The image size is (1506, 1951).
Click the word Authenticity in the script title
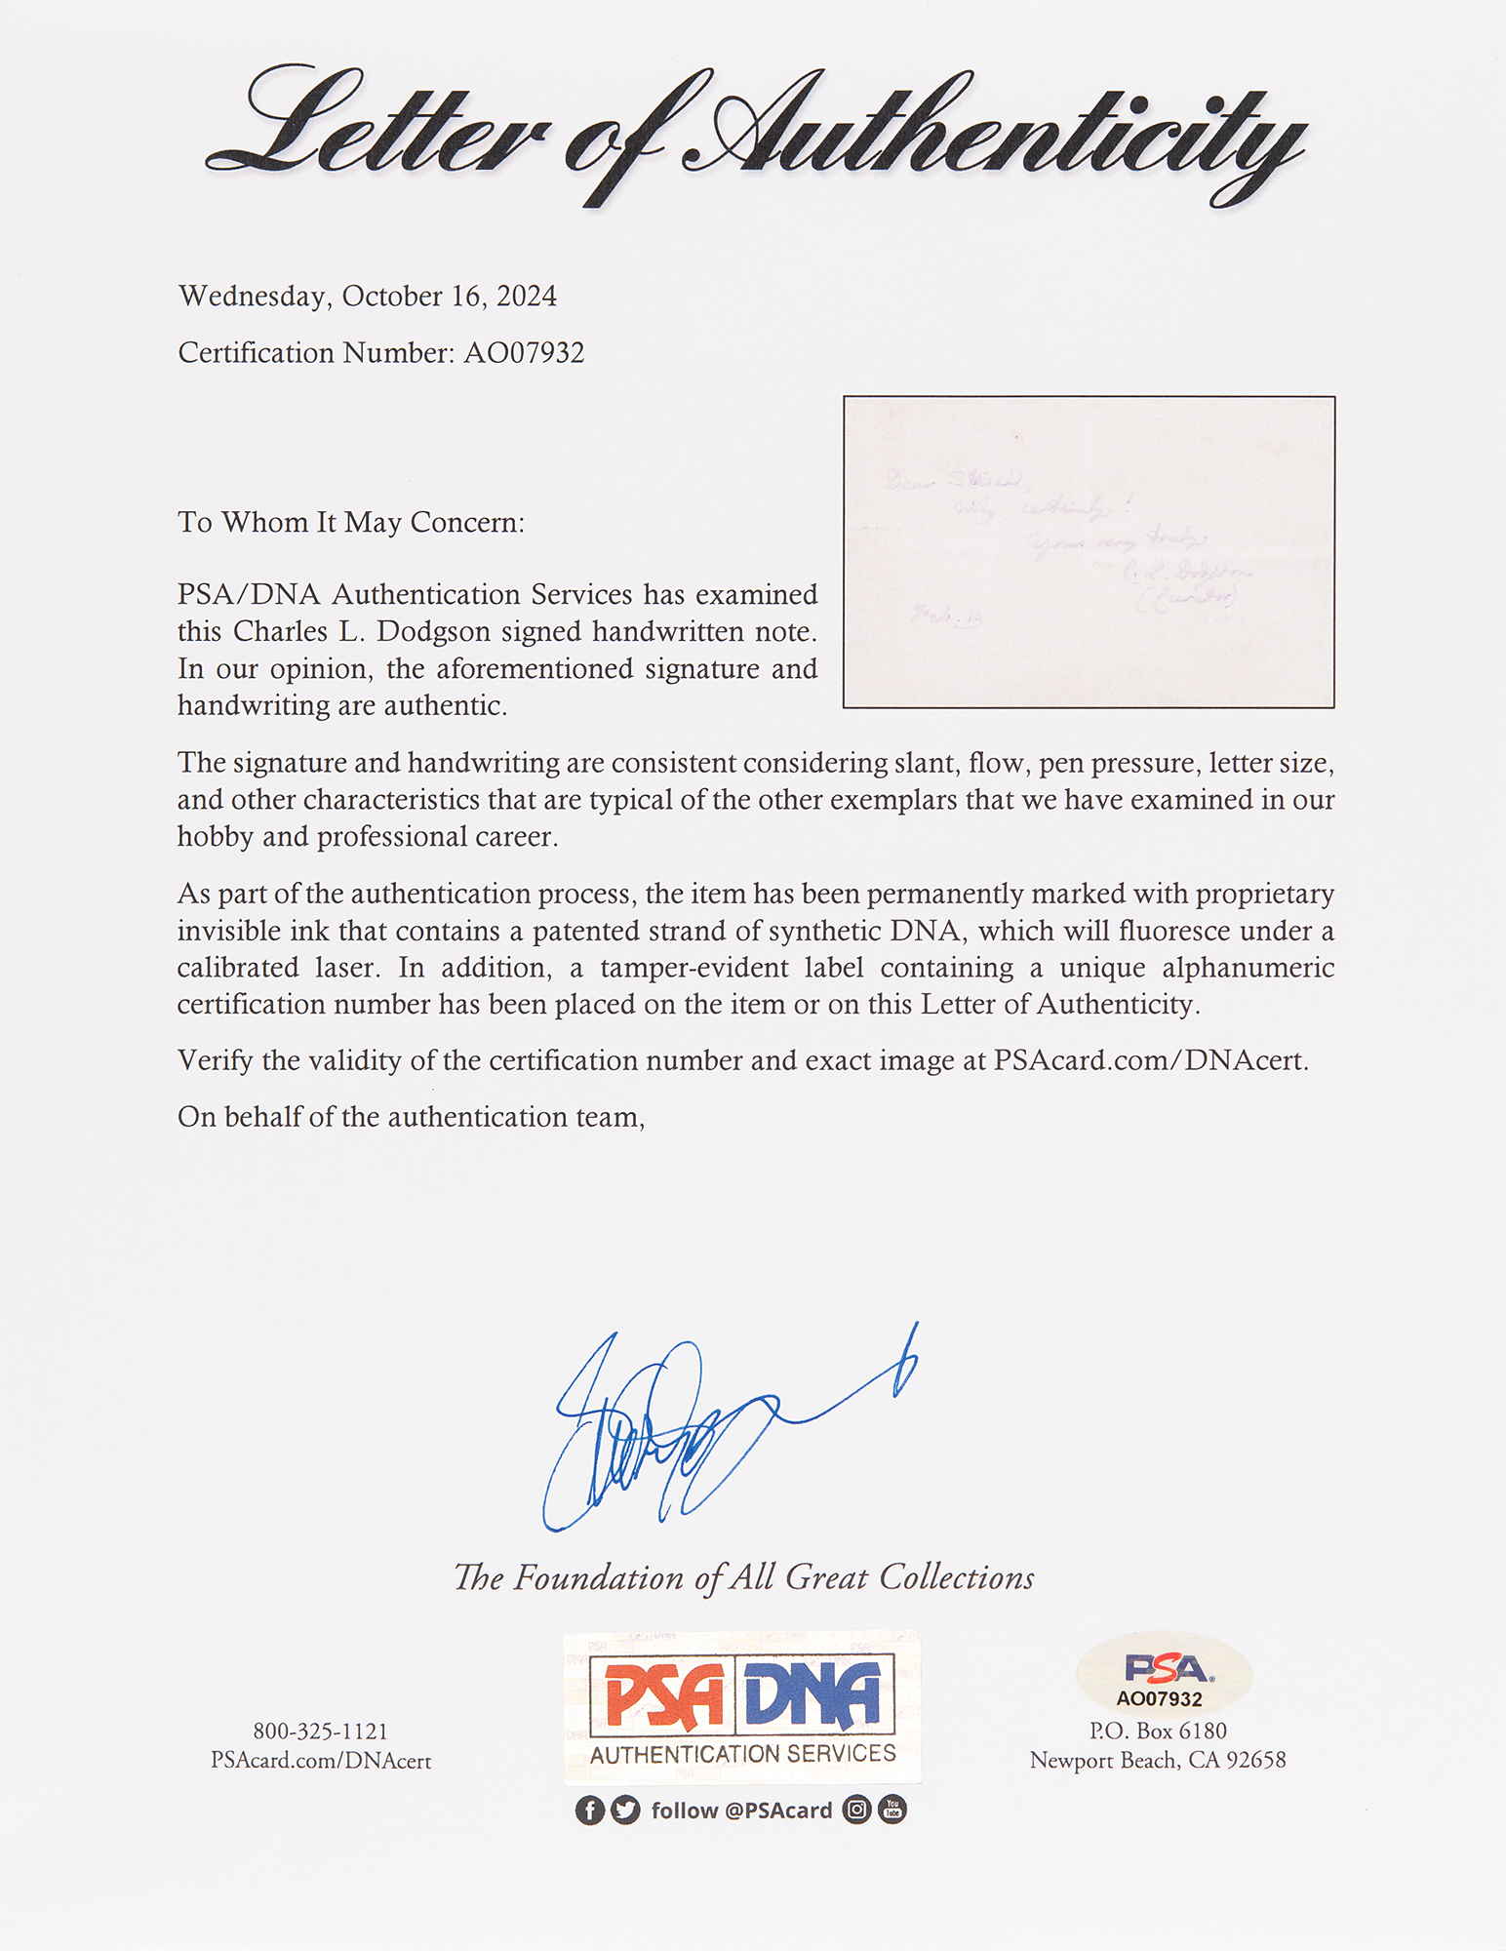click(995, 137)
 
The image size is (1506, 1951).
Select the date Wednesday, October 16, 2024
click(368, 297)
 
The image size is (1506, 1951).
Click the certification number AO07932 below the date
click(524, 353)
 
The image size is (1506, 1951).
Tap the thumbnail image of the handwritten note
click(1089, 552)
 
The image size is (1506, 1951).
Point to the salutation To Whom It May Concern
click(351, 523)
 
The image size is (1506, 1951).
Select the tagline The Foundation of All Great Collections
click(743, 1578)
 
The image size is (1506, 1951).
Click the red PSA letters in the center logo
click(663, 1695)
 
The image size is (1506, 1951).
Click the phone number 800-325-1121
click(320, 1732)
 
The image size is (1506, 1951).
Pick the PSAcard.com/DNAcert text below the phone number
click(320, 1761)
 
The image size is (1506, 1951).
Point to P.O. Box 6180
click(1158, 1731)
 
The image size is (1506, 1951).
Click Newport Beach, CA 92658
click(1158, 1761)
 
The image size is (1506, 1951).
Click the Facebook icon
click(589, 1811)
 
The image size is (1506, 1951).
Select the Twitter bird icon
click(625, 1811)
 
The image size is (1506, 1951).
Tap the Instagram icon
click(856, 1811)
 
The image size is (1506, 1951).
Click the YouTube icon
click(892, 1811)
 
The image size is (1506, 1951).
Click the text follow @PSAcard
click(741, 1811)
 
